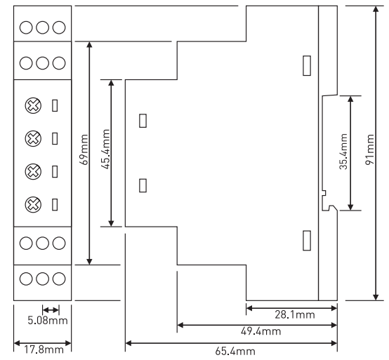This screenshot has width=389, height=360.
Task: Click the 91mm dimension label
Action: coord(370,149)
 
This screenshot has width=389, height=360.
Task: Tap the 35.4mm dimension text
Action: coord(343,152)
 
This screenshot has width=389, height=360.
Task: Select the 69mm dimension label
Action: coord(84,149)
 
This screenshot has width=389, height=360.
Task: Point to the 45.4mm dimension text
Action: coord(106,149)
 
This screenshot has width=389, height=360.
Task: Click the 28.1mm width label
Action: coord(295,315)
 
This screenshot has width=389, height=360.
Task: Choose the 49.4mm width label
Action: coord(261,331)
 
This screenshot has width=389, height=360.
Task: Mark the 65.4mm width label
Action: coord(235,352)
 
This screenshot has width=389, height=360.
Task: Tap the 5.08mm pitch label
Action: coord(48,320)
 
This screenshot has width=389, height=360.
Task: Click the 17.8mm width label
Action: coord(44,350)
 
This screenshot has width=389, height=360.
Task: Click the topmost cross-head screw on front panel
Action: coord(33,106)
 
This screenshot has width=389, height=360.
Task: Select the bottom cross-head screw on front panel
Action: coord(33,204)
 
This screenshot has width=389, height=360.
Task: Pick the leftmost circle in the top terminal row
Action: coord(26,27)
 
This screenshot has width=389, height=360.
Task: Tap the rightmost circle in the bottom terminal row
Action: coord(59,279)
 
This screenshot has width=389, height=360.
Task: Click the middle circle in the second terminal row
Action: coord(42,63)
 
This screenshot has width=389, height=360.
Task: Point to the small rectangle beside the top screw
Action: coord(55,106)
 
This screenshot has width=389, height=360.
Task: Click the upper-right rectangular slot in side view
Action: coord(307,66)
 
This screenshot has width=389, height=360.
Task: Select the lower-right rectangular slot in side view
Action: coord(307,241)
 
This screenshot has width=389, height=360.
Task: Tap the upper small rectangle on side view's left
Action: coord(143,121)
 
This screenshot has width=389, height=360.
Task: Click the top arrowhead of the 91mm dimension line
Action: coord(376,9)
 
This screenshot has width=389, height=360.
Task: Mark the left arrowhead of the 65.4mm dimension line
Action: coord(128,343)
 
